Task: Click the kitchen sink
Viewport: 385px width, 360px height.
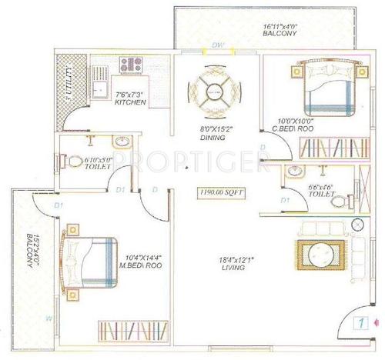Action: pos(100,85)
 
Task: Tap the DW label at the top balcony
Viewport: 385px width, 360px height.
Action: pos(218,46)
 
